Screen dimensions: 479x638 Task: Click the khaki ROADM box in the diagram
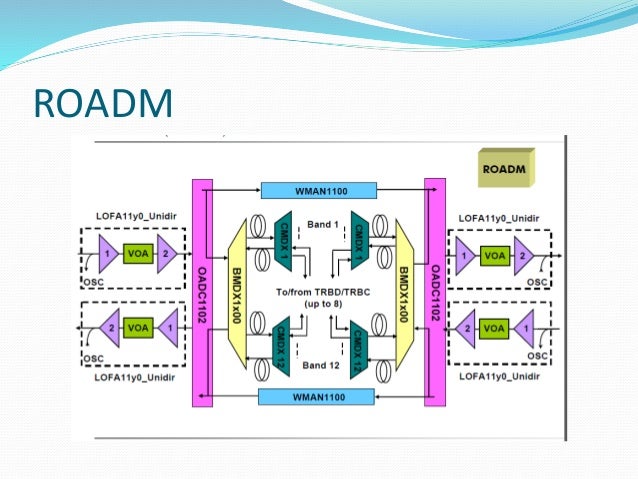tap(505, 167)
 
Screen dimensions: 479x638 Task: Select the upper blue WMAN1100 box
tap(319, 190)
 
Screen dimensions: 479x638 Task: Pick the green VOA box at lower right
tap(494, 327)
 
